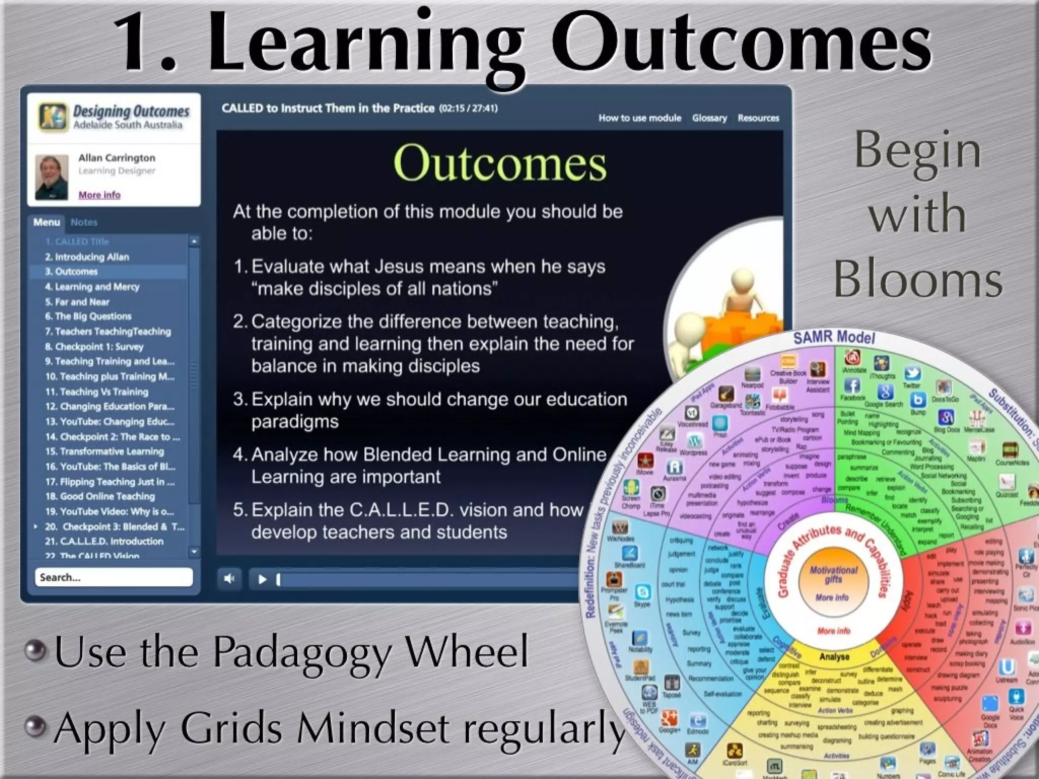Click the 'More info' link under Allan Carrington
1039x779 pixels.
99,195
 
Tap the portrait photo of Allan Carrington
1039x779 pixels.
51,177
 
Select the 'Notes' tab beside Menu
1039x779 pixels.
84,222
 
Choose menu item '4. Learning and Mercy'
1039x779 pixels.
92,287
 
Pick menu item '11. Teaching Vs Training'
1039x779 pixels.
97,392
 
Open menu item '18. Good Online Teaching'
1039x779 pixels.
100,496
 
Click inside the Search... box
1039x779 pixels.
113,577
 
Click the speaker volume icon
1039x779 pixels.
229,579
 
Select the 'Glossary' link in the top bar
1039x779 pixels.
709,118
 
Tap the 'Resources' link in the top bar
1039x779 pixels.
758,118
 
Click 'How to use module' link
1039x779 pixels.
640,118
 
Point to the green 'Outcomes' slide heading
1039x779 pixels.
500,163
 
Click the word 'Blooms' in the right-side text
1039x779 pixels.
918,279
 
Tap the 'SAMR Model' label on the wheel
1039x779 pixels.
834,337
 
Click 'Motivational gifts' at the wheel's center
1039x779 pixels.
834,574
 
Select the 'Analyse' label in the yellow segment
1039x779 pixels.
834,657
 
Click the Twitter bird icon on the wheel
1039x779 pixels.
912,373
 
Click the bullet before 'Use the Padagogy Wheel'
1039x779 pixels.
36,651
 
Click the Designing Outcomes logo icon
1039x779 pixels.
52,116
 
